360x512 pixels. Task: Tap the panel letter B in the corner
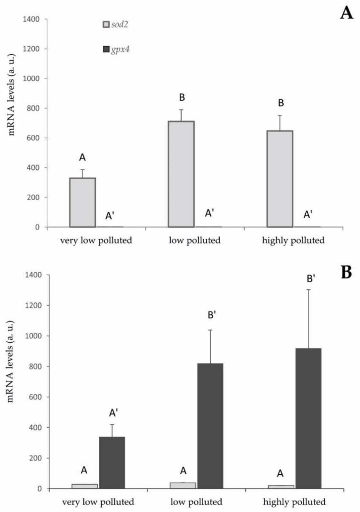pyautogui.click(x=347, y=273)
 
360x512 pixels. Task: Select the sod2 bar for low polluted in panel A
pyautogui.click(x=181, y=174)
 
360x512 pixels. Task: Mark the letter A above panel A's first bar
pyautogui.click(x=82, y=157)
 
